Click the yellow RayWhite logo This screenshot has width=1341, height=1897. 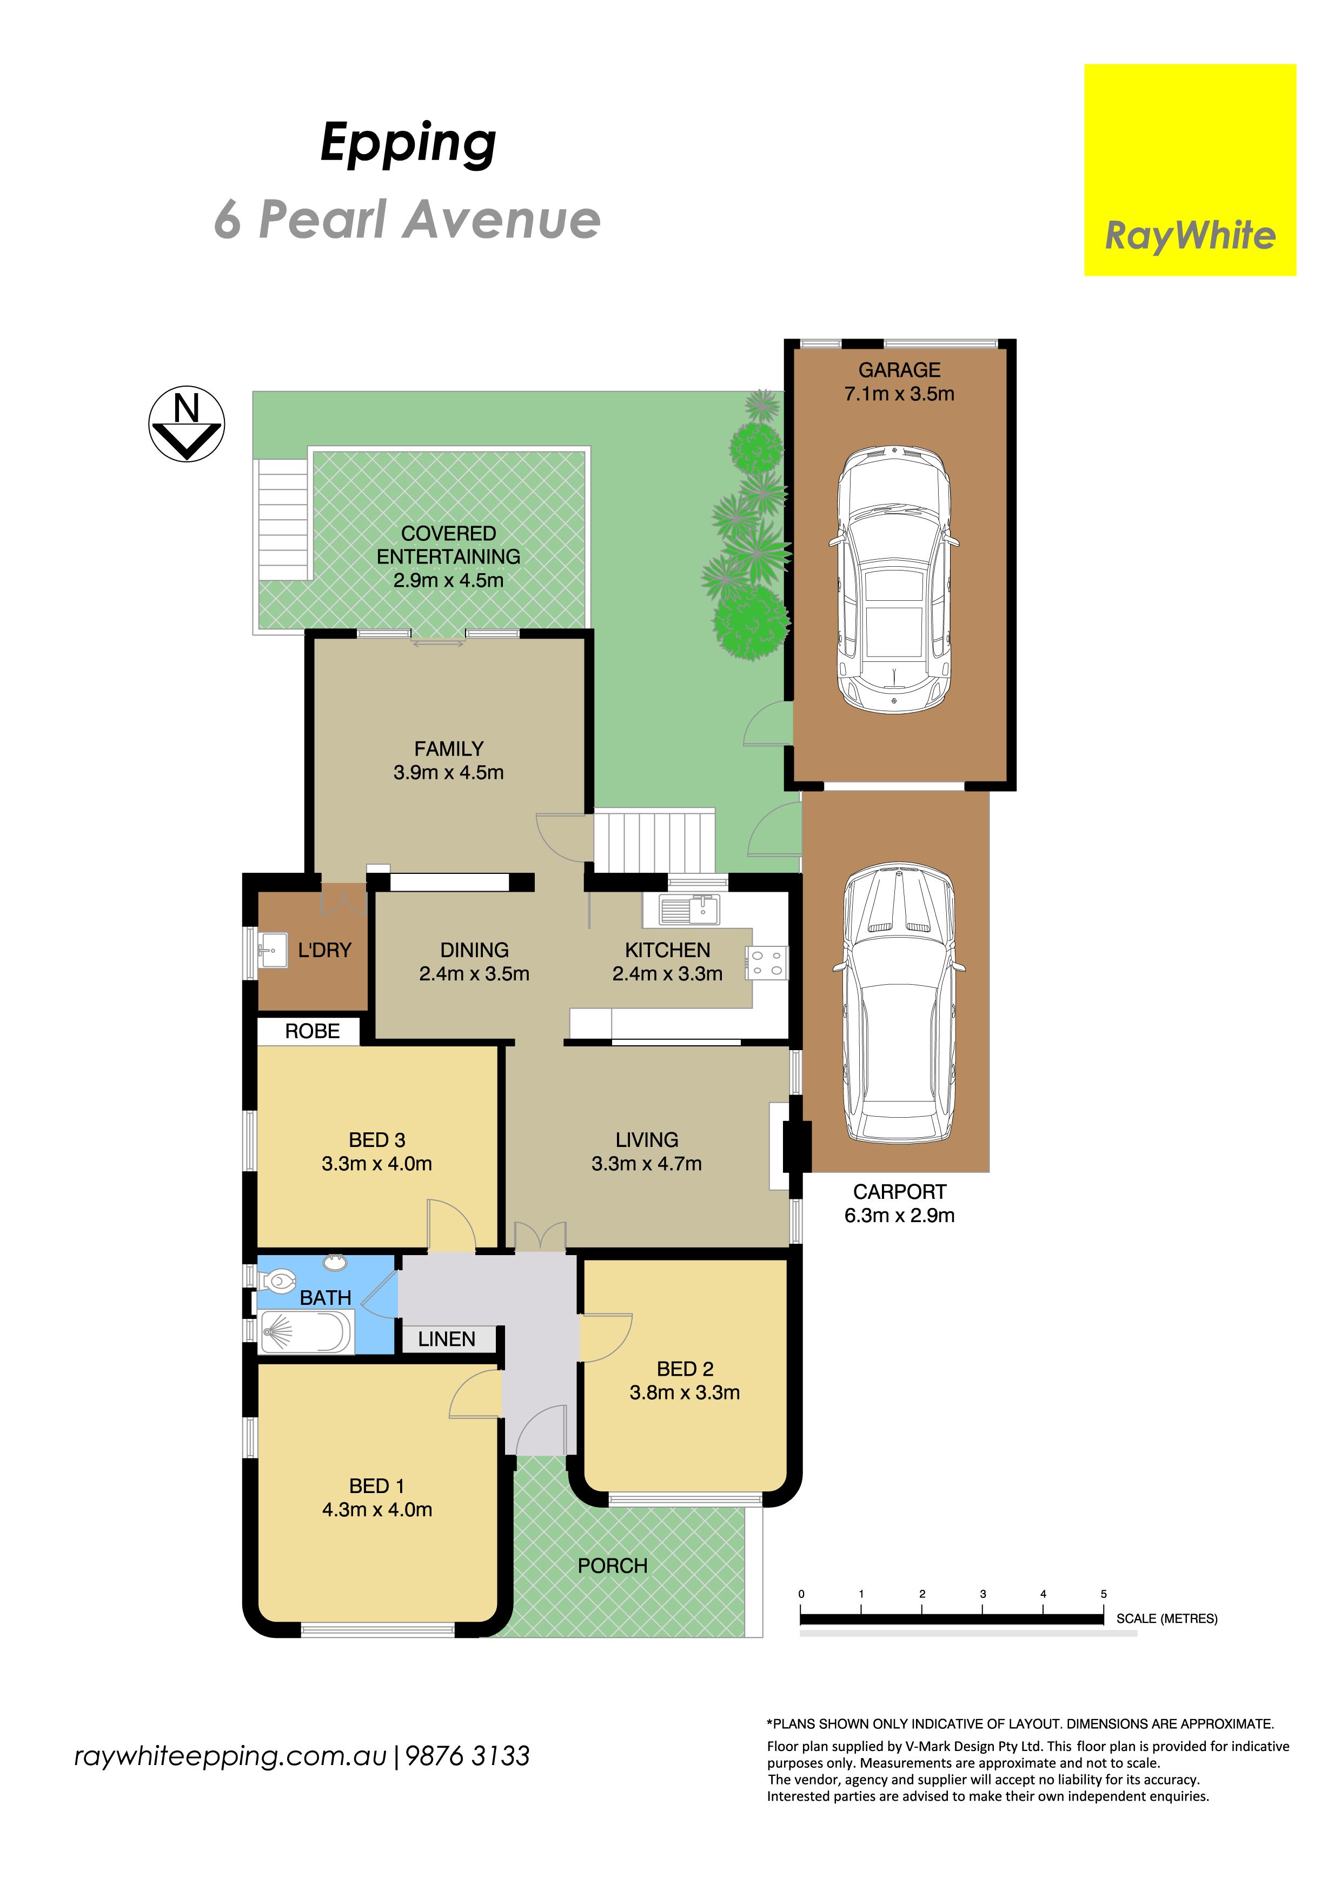pyautogui.click(x=1190, y=170)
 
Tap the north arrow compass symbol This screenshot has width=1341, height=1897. pyautogui.click(x=187, y=424)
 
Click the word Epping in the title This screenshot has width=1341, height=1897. pyautogui.click(x=408, y=144)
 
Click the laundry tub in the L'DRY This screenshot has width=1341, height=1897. pyautogui.click(x=272, y=950)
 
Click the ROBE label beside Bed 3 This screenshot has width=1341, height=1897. pyautogui.click(x=313, y=1031)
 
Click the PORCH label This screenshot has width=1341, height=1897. pyautogui.click(x=612, y=1566)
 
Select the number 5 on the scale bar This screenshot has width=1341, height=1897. pyautogui.click(x=1103, y=1594)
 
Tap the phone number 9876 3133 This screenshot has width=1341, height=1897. pyautogui.click(x=468, y=1756)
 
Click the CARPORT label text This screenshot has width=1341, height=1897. pyautogui.click(x=899, y=1191)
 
